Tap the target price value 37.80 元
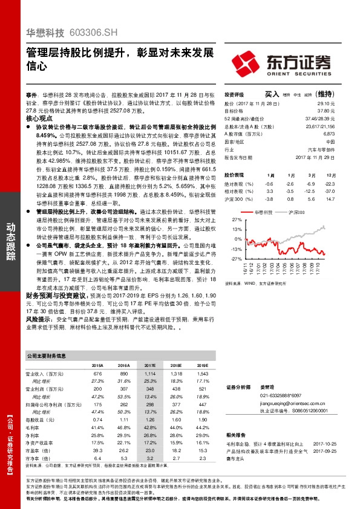[326, 111]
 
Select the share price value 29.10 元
[326, 104]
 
